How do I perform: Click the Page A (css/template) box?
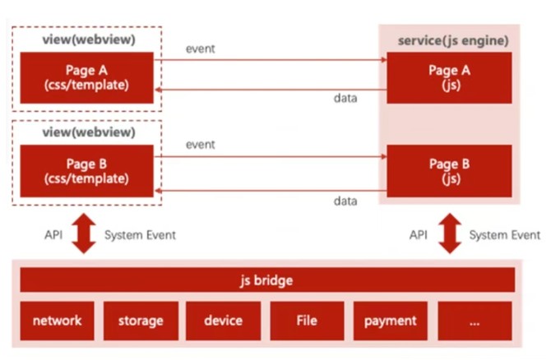pyautogui.click(x=86, y=77)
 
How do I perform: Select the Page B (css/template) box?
pyautogui.click(x=86, y=171)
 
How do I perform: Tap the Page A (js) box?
pyautogui.click(x=449, y=77)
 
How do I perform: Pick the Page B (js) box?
pyautogui.click(x=449, y=171)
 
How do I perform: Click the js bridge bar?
pyautogui.click(x=268, y=280)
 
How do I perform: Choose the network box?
pyautogui.click(x=57, y=321)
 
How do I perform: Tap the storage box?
pyautogui.click(x=141, y=321)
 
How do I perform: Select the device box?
pyautogui.click(x=224, y=321)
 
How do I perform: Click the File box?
pyautogui.click(x=307, y=321)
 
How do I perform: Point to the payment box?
pyautogui.click(x=391, y=321)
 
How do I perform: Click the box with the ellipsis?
pyautogui.click(x=475, y=321)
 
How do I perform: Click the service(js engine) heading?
pyautogui.click(x=453, y=40)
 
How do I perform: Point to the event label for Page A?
pyautogui.click(x=201, y=48)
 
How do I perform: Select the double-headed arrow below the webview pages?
pyautogui.click(x=83, y=235)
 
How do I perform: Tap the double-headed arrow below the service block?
pyautogui.click(x=449, y=235)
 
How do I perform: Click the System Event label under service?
pyautogui.click(x=505, y=235)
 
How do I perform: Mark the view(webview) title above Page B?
pyautogui.click(x=88, y=132)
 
